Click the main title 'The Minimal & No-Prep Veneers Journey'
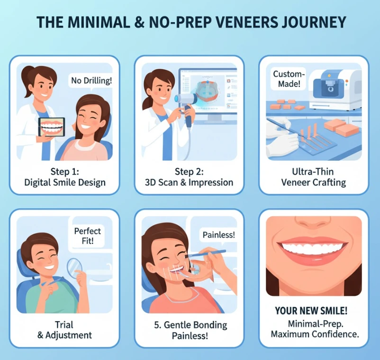click(x=190, y=22)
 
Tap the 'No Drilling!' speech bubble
click(x=91, y=80)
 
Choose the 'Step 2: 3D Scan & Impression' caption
click(x=190, y=176)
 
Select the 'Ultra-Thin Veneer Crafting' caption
click(x=313, y=176)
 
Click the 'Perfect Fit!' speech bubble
click(x=88, y=236)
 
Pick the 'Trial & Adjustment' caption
click(x=64, y=330)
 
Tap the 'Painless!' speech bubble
click(x=218, y=234)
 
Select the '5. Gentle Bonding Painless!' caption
click(x=190, y=330)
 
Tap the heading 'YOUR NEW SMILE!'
click(x=311, y=311)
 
